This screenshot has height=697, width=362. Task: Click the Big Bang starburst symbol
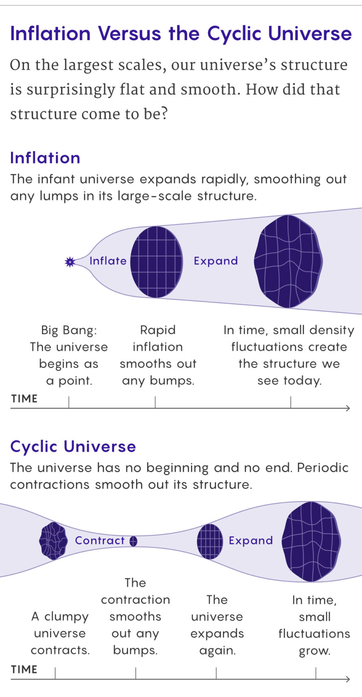click(x=70, y=262)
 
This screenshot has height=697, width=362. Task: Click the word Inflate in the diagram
click(x=108, y=261)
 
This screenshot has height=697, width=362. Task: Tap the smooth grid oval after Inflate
click(x=156, y=262)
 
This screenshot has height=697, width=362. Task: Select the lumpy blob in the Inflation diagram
click(x=288, y=261)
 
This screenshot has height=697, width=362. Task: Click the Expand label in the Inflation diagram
click(x=216, y=261)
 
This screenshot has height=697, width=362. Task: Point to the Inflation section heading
click(x=45, y=158)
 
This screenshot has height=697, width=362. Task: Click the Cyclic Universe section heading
click(x=73, y=446)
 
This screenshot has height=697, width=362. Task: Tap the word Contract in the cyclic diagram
click(x=100, y=540)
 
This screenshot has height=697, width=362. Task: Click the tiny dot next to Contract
click(x=133, y=541)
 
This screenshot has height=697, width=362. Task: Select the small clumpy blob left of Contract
click(x=53, y=541)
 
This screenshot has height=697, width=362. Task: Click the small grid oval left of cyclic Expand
click(x=210, y=541)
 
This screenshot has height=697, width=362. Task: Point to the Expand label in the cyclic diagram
click(x=251, y=541)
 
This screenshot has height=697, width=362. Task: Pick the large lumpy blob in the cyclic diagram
click(x=311, y=541)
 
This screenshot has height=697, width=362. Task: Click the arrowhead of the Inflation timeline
click(x=347, y=408)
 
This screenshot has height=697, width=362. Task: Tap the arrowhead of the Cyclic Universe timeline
click(x=347, y=679)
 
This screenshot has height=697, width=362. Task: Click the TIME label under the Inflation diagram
click(x=24, y=399)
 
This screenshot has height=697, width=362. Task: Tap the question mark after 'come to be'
click(x=163, y=114)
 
